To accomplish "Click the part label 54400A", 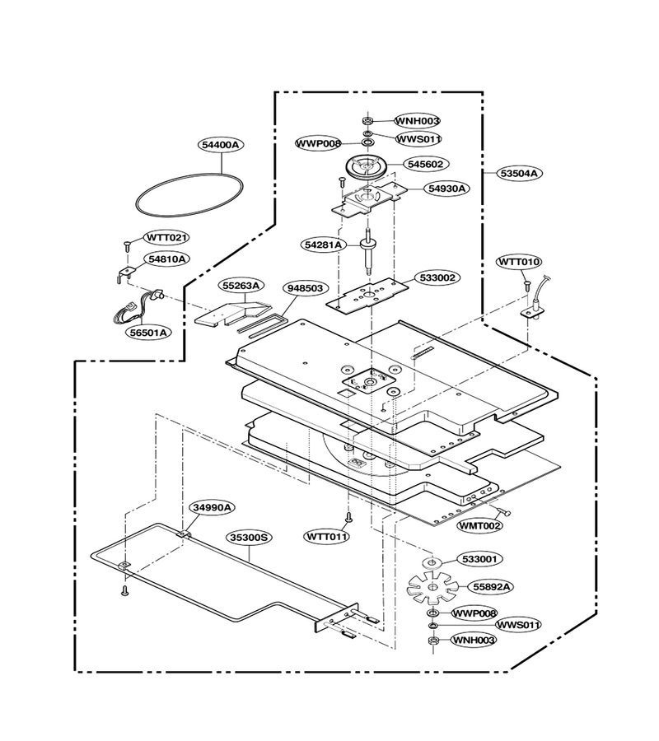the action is point(221,145).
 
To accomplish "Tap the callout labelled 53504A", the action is point(519,173).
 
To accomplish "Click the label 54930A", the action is point(446,189).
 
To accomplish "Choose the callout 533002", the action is point(437,277).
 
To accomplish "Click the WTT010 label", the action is point(520,261).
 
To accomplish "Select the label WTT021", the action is point(166,237).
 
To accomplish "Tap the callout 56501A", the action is point(148,333).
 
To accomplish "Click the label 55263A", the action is point(241,286).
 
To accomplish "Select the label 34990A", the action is point(213,507).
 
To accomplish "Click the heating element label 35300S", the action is point(249,538).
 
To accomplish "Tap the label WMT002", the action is point(479,525).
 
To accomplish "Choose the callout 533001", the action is point(479,559).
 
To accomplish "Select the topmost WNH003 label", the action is point(418,121).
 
